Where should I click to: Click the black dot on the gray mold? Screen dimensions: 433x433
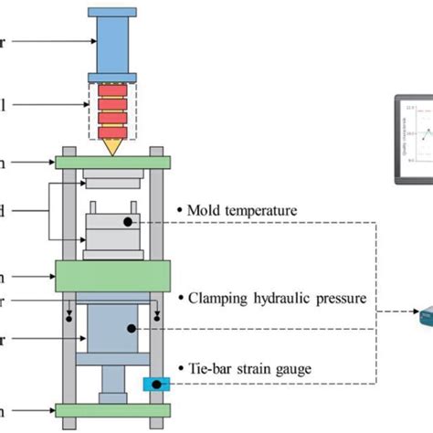pyautogui.click(x=132, y=220)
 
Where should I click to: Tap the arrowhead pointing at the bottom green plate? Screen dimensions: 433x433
pyautogui.click(x=51, y=409)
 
